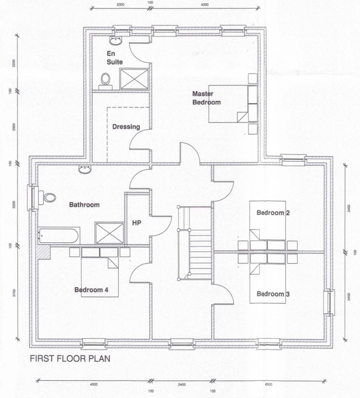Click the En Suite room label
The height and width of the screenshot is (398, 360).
coord(114,58)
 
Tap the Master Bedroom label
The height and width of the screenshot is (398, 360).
coord(206,98)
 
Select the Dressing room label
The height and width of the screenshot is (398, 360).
coord(126,127)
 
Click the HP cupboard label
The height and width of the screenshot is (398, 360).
coord(137,223)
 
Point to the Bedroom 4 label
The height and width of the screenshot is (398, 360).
coord(91,290)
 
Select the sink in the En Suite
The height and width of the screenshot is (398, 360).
coord(115,41)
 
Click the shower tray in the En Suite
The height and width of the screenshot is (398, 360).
coord(134,79)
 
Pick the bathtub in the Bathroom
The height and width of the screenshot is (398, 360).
coord(59,236)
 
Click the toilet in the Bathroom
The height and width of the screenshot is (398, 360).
coord(47,198)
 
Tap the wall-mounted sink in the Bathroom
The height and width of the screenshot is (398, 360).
coord(85,169)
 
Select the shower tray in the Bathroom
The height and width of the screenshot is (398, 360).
coord(109,233)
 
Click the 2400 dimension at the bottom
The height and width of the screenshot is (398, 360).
coord(182,385)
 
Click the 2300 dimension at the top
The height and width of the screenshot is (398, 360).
coord(120,4)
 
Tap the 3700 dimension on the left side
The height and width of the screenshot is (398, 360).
coord(14,293)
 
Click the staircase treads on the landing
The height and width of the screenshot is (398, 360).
coord(200,243)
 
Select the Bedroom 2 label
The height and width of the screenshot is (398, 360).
coord(273,213)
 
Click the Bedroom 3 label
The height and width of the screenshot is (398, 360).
coord(273,294)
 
